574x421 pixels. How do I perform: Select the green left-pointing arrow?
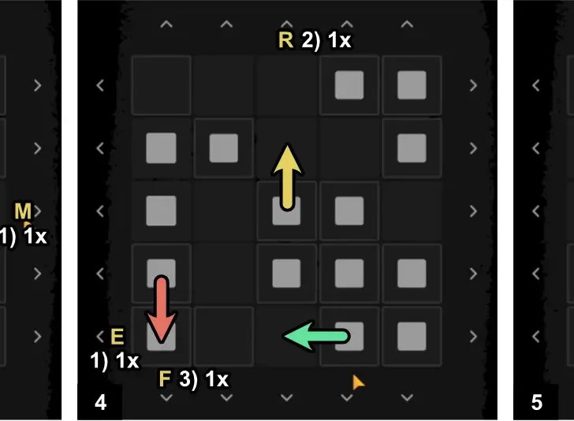[315, 337]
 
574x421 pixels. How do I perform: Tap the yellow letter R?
[285, 40]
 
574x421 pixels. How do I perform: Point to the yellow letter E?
[117, 337]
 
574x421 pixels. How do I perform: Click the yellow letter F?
[165, 379]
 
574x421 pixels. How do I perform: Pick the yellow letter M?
[23, 210]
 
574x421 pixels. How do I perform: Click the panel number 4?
[100, 403]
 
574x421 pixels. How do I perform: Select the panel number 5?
[537, 403]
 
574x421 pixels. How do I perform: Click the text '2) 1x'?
[326, 40]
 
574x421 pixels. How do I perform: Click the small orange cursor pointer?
[358, 382]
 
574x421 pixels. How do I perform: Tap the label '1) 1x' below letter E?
[115, 362]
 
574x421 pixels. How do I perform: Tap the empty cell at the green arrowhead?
[286, 337]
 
